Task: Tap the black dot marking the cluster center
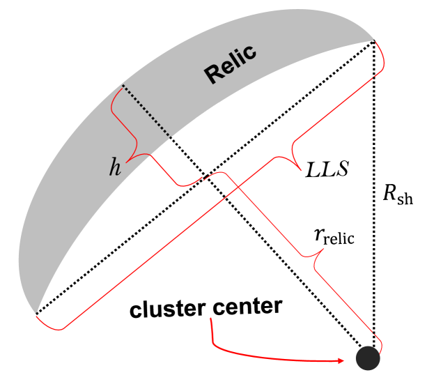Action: point(368,358)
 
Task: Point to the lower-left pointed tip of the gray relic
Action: point(34,313)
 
